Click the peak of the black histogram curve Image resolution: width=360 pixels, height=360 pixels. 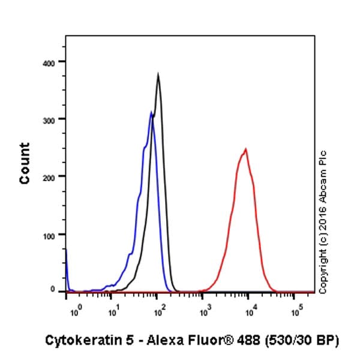(158, 74)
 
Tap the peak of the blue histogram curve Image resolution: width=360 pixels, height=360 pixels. (151, 112)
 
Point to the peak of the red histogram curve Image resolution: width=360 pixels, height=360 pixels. (245, 149)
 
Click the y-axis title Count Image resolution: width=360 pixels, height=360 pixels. (25, 163)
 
